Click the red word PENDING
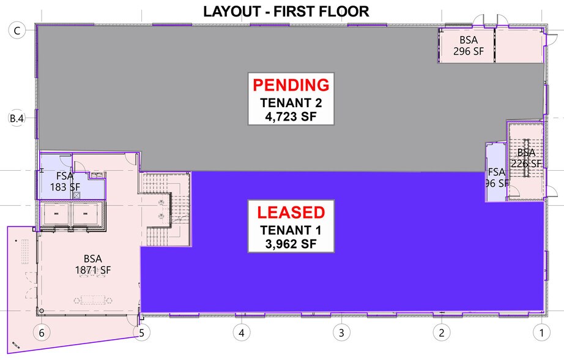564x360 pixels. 291,85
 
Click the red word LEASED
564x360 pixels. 291,212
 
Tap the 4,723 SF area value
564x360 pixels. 291,117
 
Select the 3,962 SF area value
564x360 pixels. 291,244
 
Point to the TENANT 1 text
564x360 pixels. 291,230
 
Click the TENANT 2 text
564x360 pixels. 291,103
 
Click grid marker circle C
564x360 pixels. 17,31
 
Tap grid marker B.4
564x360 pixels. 17,118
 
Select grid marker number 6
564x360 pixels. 42,332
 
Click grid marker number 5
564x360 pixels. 142,332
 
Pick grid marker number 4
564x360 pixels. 242,332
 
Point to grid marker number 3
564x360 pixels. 341,332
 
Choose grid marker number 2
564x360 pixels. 441,332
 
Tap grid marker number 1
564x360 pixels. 542,332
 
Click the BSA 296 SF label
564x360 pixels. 469,45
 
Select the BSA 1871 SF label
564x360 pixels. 93,264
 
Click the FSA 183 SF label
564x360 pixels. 65,181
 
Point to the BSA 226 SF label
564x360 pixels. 526,158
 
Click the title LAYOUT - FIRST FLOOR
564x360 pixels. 286,12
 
